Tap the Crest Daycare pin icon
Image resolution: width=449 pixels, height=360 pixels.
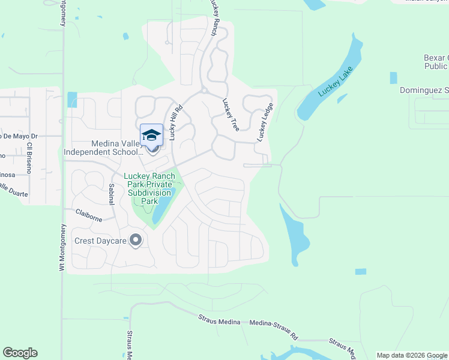point(136,241)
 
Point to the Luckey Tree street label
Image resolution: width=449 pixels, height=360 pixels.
point(231,115)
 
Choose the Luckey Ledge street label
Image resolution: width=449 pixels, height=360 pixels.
point(265,123)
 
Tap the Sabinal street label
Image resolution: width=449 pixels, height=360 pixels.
point(111,195)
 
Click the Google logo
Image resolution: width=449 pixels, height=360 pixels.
point(20,353)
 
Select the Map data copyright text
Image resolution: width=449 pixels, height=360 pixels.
point(411,355)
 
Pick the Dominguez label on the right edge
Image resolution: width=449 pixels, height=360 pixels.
point(424,91)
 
